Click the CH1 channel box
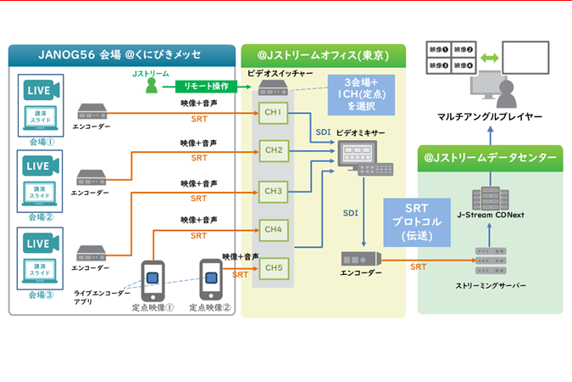(274, 113)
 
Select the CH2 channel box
(274, 151)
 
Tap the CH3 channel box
(274, 191)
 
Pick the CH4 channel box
(274, 229)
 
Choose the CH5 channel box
(274, 268)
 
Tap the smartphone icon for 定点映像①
(153, 278)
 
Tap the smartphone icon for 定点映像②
(210, 278)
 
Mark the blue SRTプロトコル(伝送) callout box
(413, 222)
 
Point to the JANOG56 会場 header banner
(121, 55)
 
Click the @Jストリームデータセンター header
(491, 157)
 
